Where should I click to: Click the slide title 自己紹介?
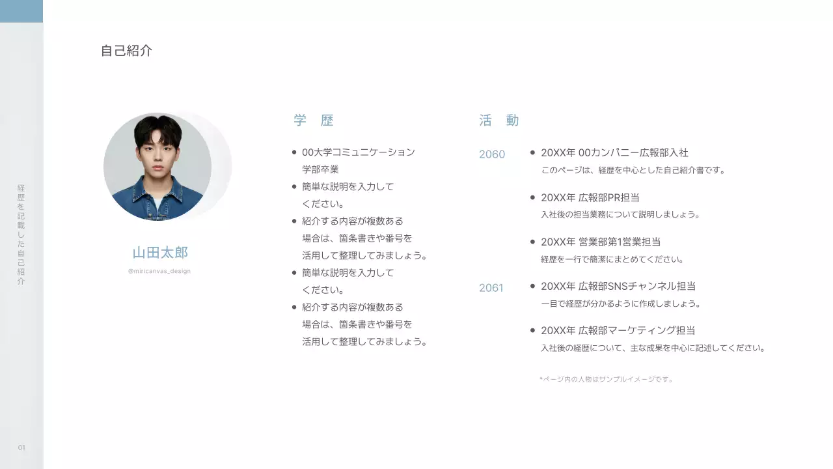coord(126,51)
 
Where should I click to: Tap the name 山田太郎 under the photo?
coord(160,253)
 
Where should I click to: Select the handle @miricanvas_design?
coord(159,271)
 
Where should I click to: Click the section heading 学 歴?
coord(314,121)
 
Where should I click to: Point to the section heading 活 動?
coord(499,121)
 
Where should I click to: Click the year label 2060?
coord(492,154)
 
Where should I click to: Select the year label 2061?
coord(491,288)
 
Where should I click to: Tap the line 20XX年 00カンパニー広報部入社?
coord(614,152)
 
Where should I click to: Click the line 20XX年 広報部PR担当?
coord(590,197)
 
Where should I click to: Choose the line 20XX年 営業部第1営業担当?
coord(600,242)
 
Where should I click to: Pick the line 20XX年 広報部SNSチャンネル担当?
coord(618,286)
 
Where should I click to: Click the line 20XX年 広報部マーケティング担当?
coord(618,330)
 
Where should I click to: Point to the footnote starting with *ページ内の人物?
coord(606,379)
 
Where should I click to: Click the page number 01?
coord(21,448)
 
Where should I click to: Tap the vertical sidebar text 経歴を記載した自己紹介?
coord(21,234)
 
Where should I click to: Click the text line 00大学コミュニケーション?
coord(358,152)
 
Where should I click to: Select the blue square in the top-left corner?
coord(21,11)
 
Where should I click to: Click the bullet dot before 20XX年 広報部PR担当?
coord(533,197)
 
